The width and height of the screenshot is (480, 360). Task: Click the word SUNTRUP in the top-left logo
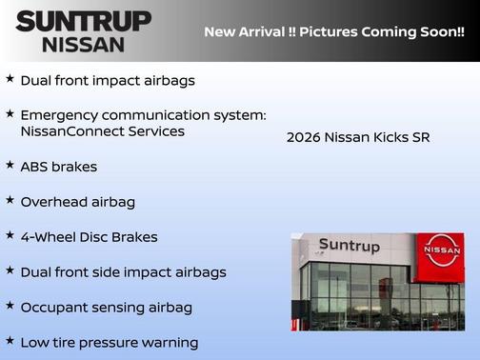point(83,21)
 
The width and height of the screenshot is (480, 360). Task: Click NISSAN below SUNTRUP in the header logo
point(83,44)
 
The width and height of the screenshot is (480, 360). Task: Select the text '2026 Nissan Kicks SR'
point(358,137)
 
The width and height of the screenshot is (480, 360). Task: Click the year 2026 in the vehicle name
point(303,137)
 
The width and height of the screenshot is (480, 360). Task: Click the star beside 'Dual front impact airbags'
point(10,79)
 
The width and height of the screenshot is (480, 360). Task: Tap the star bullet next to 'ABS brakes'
point(10,165)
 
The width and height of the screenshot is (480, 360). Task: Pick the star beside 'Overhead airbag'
point(10,200)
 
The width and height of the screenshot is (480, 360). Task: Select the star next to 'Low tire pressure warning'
point(10,340)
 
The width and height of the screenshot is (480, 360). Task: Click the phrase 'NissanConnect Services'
point(102,131)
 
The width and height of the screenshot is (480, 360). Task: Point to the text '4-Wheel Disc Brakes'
point(89,236)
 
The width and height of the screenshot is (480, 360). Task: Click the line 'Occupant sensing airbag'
point(106,307)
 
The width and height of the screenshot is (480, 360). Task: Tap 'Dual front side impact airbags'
point(123,271)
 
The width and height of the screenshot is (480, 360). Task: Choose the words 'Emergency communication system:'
point(143,114)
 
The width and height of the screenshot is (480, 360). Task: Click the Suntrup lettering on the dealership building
point(349,247)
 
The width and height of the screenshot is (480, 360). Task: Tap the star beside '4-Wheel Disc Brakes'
point(10,234)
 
